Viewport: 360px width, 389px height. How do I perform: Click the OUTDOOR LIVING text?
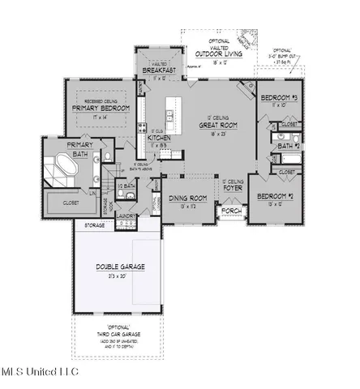pyautogui.click(x=216, y=52)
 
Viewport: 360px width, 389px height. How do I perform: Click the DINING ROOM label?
pyautogui.click(x=187, y=198)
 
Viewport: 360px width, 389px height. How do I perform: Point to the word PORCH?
pyautogui.click(x=232, y=211)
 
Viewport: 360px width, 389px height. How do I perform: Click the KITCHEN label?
pyautogui.click(x=158, y=138)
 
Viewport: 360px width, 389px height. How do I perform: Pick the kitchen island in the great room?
pyautogui.click(x=172, y=110)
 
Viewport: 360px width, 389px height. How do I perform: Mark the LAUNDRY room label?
pyautogui.click(x=125, y=216)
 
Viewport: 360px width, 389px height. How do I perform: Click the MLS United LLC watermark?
pyautogui.click(x=39, y=372)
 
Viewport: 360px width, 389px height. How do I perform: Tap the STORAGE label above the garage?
pyautogui.click(x=96, y=226)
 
